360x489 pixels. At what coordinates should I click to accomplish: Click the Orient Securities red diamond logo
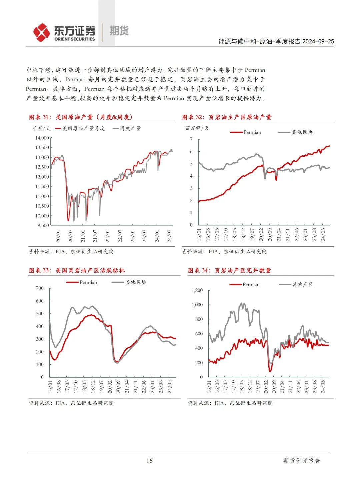point(41,32)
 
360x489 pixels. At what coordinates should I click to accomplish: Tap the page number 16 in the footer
point(149,461)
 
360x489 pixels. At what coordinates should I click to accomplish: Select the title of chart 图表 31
point(81,117)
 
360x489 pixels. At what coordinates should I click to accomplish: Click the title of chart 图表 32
point(227,117)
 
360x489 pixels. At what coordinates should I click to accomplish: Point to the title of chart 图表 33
point(77,270)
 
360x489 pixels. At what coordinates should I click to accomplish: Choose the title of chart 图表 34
point(229,270)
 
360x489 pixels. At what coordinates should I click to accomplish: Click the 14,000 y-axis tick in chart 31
point(42,138)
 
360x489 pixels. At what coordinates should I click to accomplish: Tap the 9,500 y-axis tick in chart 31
point(43,225)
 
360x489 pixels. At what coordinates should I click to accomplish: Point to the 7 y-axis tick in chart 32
point(191,139)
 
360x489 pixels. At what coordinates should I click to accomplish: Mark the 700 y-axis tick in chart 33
point(40,288)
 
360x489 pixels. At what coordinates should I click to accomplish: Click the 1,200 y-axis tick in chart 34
point(197,290)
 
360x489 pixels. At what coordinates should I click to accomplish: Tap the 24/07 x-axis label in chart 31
point(169,236)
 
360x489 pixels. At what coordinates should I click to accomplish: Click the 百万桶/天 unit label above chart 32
point(197,128)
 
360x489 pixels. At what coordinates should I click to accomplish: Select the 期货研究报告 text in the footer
point(301,461)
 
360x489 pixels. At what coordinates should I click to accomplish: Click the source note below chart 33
point(71,403)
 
